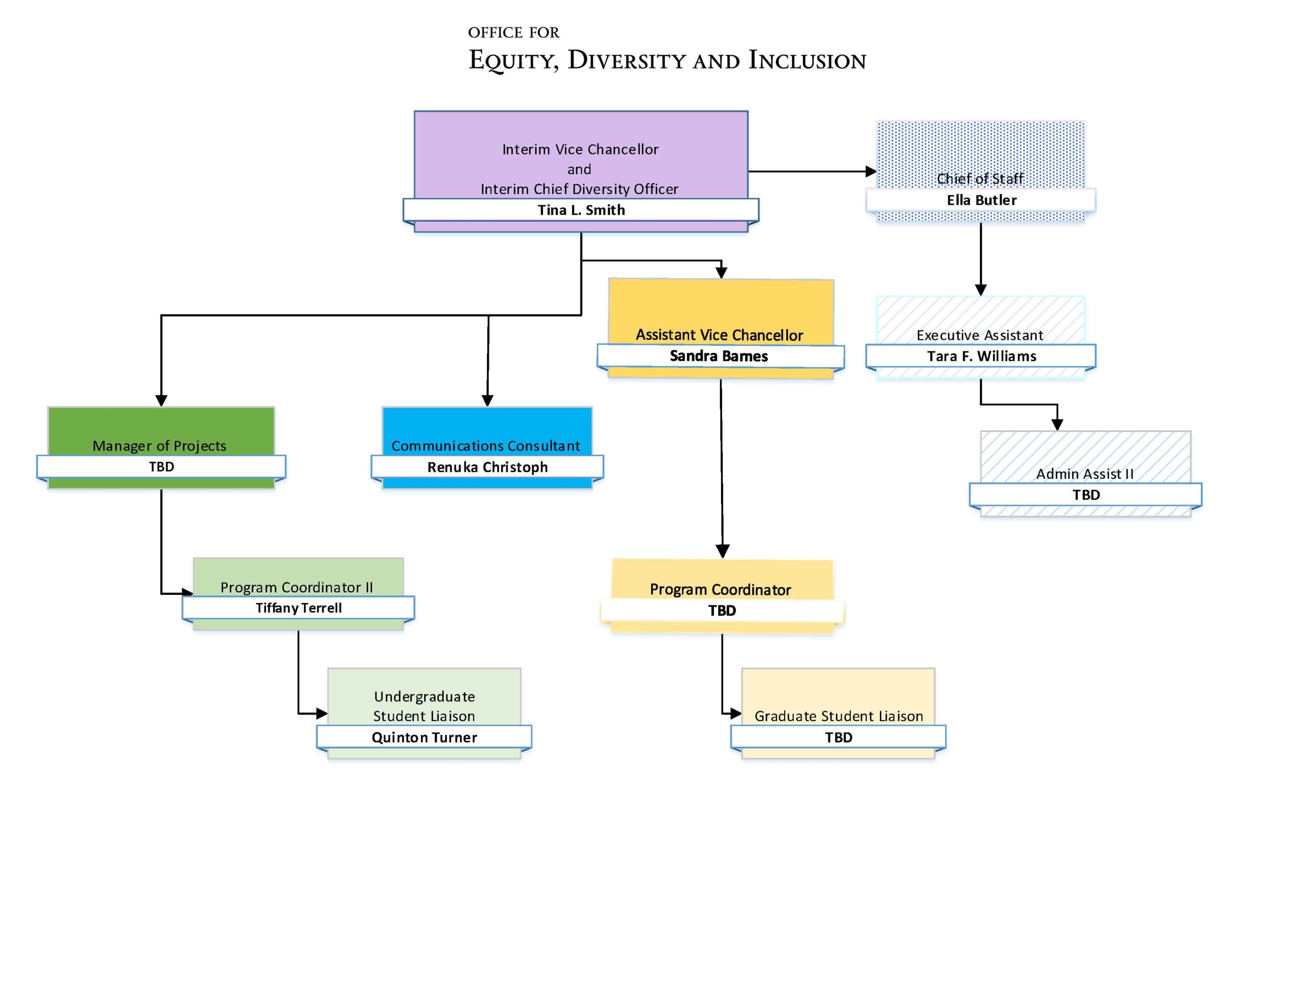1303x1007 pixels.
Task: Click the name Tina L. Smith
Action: (581, 210)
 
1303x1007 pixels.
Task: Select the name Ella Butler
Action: (982, 200)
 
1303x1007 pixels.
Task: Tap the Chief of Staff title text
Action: (980, 179)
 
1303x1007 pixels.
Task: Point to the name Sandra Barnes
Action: (719, 356)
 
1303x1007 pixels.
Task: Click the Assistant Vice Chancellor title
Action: (719, 335)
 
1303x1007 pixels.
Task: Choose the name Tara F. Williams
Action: (982, 356)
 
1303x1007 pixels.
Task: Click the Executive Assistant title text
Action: (980, 336)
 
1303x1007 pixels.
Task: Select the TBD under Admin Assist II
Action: (1086, 495)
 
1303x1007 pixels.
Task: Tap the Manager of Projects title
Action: (159, 446)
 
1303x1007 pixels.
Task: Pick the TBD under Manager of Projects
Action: (161, 467)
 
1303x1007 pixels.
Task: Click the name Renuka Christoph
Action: (487, 467)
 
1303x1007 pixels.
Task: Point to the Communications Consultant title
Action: (485, 446)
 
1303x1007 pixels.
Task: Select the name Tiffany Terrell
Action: (298, 608)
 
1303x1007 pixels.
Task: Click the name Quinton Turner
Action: (424, 737)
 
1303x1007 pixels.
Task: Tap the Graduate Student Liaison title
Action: (838, 716)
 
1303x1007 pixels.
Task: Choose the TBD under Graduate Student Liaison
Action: (838, 737)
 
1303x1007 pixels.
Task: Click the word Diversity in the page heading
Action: (624, 61)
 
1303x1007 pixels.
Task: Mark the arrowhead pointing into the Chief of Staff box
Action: (871, 171)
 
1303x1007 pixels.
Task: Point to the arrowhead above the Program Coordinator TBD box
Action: (722, 551)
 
